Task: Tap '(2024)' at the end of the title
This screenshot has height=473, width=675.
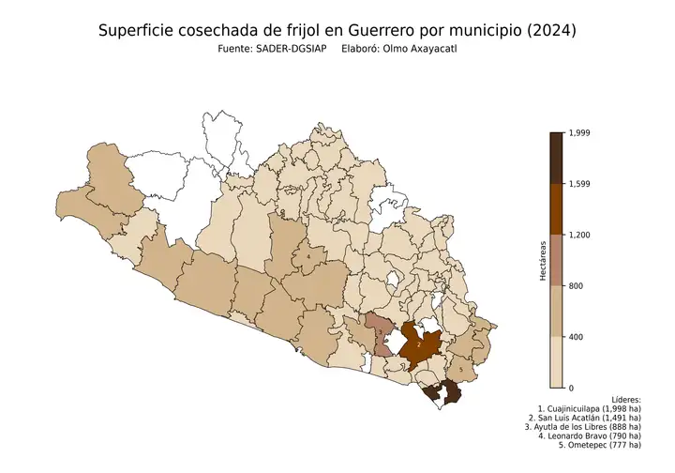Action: [551, 31]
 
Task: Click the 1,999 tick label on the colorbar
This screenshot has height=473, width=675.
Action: [581, 133]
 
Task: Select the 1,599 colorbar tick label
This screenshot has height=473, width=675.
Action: [581, 184]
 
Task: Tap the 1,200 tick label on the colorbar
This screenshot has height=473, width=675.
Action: [581, 235]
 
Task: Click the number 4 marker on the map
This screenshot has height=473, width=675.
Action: [307, 255]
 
